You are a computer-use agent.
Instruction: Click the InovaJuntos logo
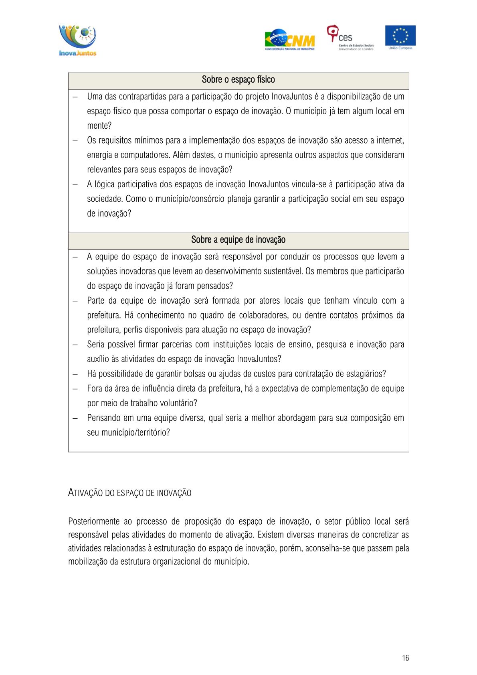[x=78, y=41]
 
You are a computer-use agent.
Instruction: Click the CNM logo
[x=289, y=40]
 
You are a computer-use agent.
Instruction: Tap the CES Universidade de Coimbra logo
[x=350, y=38]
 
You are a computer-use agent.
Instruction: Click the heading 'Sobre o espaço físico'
[x=238, y=79]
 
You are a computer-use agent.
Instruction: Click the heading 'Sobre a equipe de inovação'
[x=238, y=240]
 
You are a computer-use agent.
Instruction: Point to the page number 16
[x=405, y=658]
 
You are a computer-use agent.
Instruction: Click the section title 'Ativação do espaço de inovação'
[x=129, y=493]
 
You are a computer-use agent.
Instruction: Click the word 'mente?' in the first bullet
[x=99, y=126]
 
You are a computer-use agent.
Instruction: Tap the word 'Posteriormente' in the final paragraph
[x=94, y=521]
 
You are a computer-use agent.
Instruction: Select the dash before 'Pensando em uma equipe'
[x=75, y=418]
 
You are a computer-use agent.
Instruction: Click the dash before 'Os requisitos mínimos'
[x=75, y=140]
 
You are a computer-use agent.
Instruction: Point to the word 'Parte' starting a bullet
[x=95, y=301]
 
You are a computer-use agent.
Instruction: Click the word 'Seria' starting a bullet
[x=95, y=345]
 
